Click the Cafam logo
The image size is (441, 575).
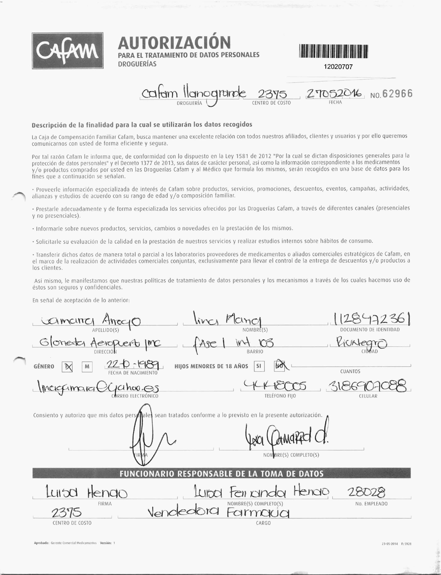click(x=67, y=51)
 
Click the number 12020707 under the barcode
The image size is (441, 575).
click(x=338, y=67)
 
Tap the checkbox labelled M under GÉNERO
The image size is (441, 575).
click(x=87, y=367)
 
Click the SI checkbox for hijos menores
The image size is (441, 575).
click(x=259, y=366)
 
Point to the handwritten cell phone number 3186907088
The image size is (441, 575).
click(x=368, y=386)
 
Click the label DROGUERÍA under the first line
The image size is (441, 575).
click(x=189, y=103)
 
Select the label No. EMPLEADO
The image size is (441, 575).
click(x=371, y=504)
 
